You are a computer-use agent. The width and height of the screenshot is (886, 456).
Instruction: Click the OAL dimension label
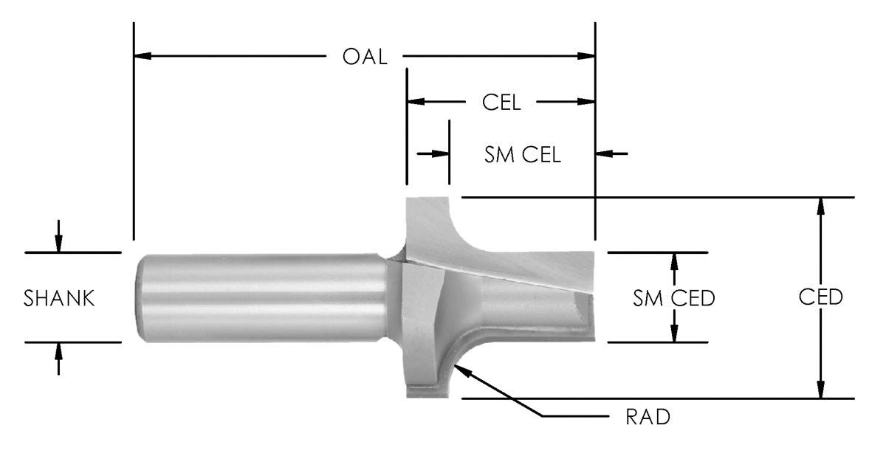coord(365,57)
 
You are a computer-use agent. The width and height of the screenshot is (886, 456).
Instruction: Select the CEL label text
coord(501,103)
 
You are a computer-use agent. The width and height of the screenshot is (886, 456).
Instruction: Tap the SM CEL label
coord(523,154)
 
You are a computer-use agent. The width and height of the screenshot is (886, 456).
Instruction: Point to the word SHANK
coord(59,299)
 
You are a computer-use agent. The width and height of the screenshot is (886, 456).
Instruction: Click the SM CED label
coord(674,298)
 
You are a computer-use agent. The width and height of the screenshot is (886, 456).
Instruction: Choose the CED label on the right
coord(820,297)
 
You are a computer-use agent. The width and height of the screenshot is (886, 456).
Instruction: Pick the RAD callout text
coord(648,417)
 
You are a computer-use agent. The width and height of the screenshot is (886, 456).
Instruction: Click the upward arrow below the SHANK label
coord(59,351)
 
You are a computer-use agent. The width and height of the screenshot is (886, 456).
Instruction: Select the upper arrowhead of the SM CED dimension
coord(674,261)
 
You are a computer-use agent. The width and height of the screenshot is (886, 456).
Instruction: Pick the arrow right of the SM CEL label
coord(605,154)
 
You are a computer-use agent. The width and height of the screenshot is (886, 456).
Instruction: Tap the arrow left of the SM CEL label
coord(441,154)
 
